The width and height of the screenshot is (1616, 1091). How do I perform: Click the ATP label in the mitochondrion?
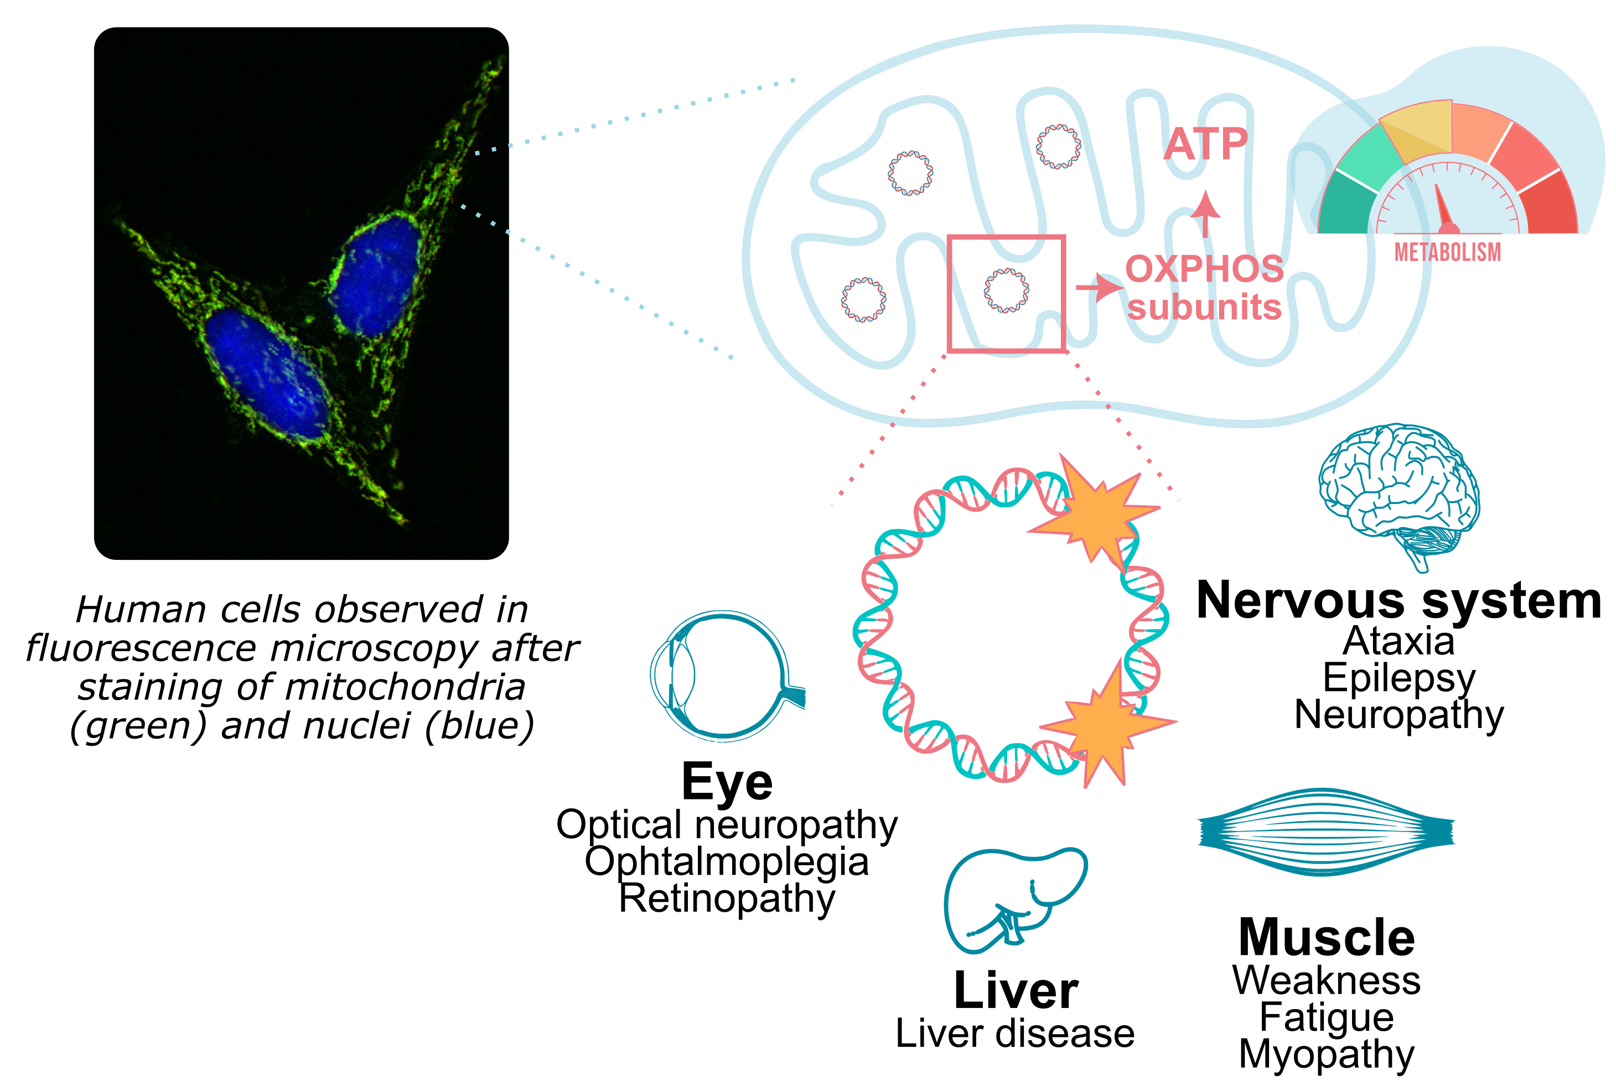tap(1206, 144)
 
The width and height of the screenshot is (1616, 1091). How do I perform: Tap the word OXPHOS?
tap(1204, 269)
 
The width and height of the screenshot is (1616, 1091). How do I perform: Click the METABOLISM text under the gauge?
tap(1448, 252)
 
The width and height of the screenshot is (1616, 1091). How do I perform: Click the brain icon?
tap(1397, 490)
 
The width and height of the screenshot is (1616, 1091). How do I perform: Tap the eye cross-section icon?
tap(723, 676)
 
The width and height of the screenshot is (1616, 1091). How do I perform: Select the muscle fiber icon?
tap(1325, 832)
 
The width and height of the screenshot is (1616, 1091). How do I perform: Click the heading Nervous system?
tap(1397, 600)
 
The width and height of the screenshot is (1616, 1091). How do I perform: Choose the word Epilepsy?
tap(1397, 678)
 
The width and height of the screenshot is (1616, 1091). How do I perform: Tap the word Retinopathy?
tap(727, 898)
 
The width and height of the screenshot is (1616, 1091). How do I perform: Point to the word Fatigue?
tap(1327, 1017)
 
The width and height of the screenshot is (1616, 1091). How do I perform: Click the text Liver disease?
tap(1014, 1033)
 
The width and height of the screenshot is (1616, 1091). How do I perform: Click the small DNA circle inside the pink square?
tap(1006, 290)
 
